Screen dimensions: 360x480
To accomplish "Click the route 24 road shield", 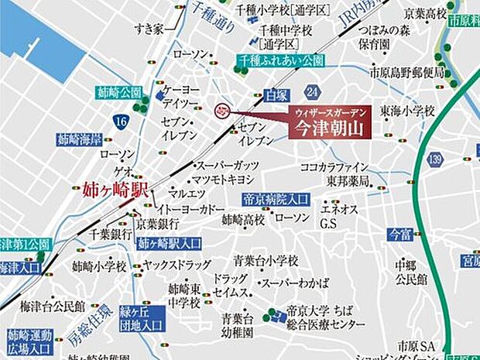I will (312, 93).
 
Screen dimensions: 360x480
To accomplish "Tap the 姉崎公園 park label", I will (119, 91).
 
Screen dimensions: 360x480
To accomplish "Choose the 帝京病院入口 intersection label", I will (276, 197).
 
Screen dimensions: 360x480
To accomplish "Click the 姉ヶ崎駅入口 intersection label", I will (170, 242).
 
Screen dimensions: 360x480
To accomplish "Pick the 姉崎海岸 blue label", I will (81, 139).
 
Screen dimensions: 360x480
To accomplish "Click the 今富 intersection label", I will (401, 231).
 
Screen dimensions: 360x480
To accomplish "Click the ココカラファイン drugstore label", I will (334, 166).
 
